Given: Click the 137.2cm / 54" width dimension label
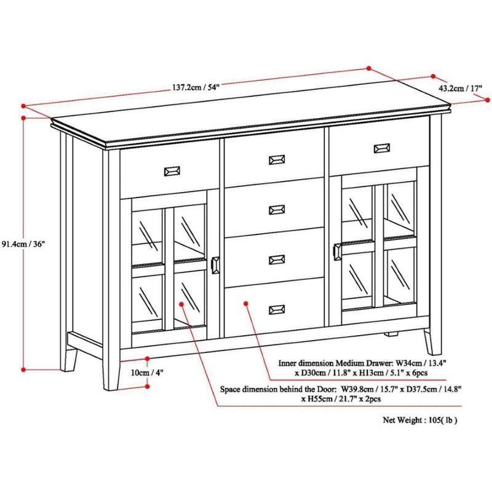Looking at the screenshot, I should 196,87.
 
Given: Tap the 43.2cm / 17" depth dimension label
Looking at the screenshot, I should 460,88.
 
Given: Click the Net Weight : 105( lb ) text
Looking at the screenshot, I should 421,421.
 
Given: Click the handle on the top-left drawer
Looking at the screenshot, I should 170,170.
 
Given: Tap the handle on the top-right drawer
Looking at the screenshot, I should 381,148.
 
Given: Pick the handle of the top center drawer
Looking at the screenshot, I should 277,160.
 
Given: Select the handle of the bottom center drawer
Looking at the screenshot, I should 277,309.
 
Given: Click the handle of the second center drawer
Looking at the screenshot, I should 277,210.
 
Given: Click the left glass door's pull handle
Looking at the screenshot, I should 215,266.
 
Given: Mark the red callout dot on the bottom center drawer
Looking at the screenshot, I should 245,302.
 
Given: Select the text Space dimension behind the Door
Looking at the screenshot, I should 277,389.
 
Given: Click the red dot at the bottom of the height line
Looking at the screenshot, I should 23,370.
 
